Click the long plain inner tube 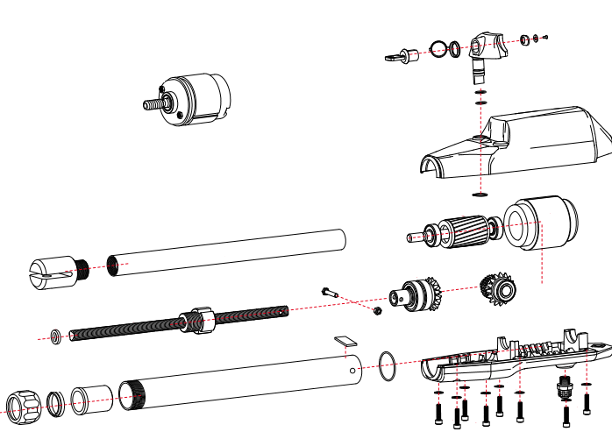[x=228, y=251]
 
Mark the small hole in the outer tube [x=353, y=370]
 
